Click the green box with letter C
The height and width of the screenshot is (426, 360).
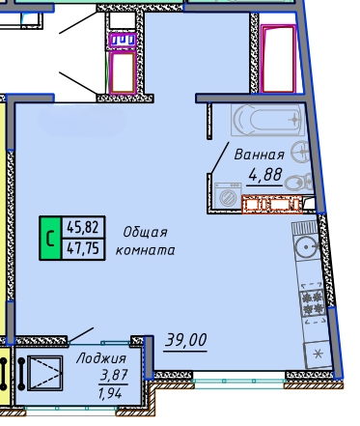tap(50, 238)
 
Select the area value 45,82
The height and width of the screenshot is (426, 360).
tap(82, 227)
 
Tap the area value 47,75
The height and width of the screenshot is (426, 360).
tap(82, 248)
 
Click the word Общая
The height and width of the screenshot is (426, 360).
tap(146, 232)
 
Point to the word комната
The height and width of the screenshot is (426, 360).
tap(145, 250)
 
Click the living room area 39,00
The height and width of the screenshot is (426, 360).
tap(185, 340)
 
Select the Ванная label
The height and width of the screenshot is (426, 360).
tap(260, 155)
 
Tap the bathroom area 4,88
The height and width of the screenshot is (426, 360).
tap(265, 175)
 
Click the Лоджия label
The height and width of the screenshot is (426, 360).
tap(101, 358)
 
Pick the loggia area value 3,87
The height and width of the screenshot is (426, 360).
tap(114, 375)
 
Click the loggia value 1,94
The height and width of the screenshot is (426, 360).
tap(110, 392)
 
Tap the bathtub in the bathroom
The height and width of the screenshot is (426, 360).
tap(267, 120)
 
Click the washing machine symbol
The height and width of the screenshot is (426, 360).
tap(228, 194)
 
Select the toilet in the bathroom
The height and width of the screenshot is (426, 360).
tap(298, 183)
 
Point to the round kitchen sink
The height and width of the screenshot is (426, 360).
tap(307, 247)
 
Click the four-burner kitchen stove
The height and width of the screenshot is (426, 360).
tap(313, 303)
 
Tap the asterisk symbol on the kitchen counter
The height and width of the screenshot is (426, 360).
tap(318, 355)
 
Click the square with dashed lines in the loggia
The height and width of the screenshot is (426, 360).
tap(45, 373)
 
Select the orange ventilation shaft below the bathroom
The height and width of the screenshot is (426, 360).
tap(272, 204)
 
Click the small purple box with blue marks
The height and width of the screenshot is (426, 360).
tap(123, 41)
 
